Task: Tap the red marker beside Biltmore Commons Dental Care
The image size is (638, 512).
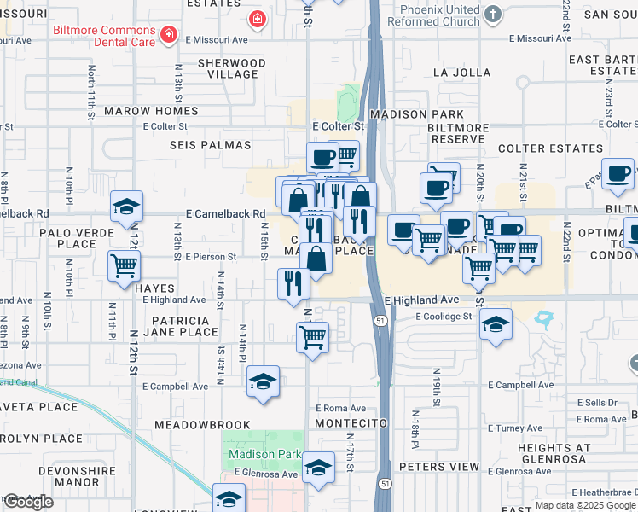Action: click(x=170, y=34)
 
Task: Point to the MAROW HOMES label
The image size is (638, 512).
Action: click(x=151, y=112)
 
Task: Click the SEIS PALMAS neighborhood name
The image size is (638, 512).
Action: click(x=210, y=146)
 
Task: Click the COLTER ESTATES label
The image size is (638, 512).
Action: click(x=550, y=148)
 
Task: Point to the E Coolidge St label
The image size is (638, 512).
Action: click(x=444, y=317)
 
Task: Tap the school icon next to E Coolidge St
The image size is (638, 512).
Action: click(x=496, y=324)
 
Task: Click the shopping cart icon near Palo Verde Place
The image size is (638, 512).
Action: click(x=125, y=266)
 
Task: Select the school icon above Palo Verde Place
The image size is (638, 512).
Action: click(x=126, y=207)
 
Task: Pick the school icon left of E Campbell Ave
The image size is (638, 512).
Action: click(x=263, y=381)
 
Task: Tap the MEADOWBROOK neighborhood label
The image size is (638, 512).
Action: click(x=202, y=425)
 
